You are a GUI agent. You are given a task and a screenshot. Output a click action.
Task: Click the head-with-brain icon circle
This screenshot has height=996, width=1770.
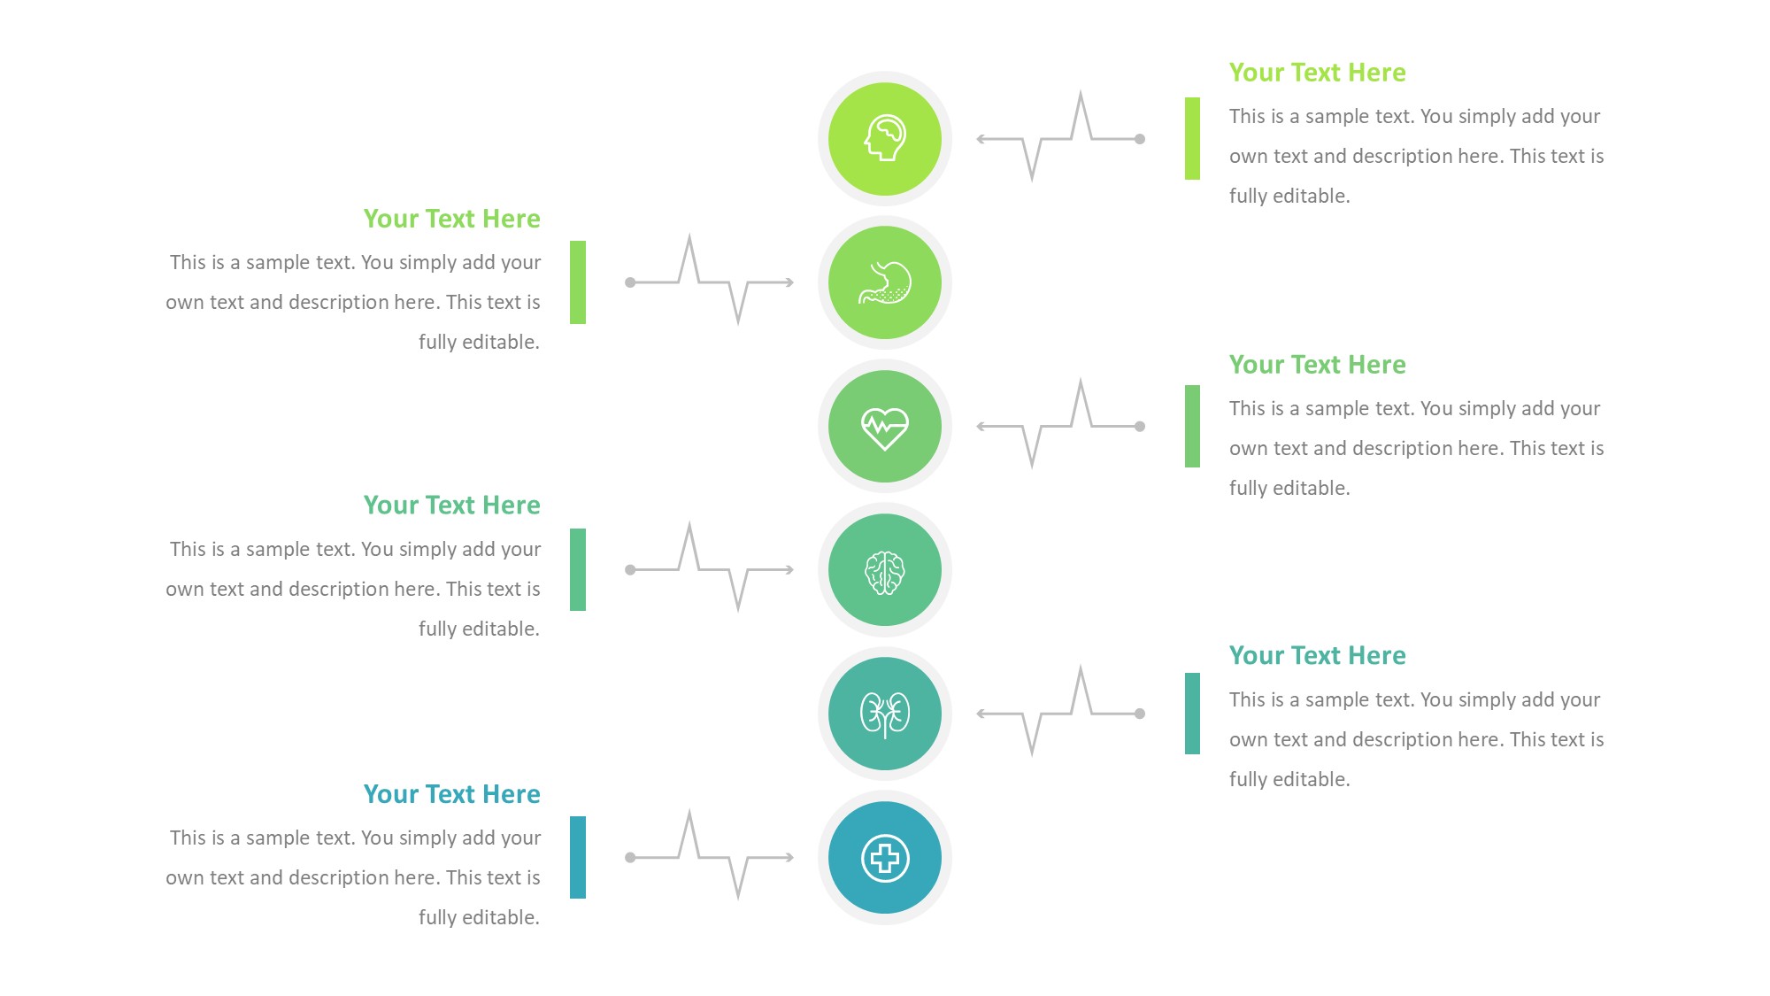(884, 139)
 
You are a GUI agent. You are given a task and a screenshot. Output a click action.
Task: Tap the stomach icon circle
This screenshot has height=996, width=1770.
(884, 282)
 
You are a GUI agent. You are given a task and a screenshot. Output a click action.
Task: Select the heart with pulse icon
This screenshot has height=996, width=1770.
(884, 427)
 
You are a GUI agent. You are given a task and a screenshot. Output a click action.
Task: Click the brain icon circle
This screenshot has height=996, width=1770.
(884, 570)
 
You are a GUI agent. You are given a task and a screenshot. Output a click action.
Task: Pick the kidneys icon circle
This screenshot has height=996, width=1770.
(884, 714)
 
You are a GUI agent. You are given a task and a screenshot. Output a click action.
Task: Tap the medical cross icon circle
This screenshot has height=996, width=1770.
(884, 857)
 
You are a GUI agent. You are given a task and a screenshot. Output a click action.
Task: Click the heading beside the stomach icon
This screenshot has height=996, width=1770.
(451, 219)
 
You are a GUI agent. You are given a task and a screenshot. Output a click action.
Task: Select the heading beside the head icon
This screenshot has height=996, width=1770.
(1317, 73)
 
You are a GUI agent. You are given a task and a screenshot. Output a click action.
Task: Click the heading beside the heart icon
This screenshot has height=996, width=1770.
(1317, 365)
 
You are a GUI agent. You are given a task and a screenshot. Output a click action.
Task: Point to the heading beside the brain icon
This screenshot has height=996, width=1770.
(451, 506)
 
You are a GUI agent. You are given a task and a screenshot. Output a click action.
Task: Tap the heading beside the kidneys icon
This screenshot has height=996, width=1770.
(1317, 656)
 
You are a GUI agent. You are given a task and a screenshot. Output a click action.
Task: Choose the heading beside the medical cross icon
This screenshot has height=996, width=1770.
(451, 794)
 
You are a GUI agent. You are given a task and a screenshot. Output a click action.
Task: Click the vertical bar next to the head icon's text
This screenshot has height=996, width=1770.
(1192, 139)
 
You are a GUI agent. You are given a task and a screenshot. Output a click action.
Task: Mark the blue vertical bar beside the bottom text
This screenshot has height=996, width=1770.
(578, 857)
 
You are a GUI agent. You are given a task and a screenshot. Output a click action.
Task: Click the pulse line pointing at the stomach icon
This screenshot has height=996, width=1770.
(709, 282)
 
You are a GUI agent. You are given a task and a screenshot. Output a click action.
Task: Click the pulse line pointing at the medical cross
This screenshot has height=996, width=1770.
(709, 857)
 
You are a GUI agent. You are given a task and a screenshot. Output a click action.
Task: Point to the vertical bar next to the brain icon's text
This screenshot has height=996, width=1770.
(578, 569)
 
